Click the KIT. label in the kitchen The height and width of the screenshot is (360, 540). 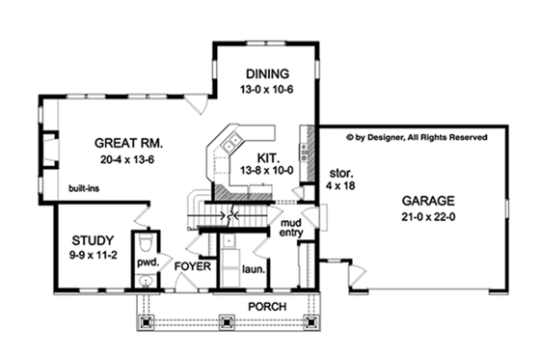coord(269,154)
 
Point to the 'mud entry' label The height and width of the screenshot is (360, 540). coord(291,228)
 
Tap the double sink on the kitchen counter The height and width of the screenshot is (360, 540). coord(229,146)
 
